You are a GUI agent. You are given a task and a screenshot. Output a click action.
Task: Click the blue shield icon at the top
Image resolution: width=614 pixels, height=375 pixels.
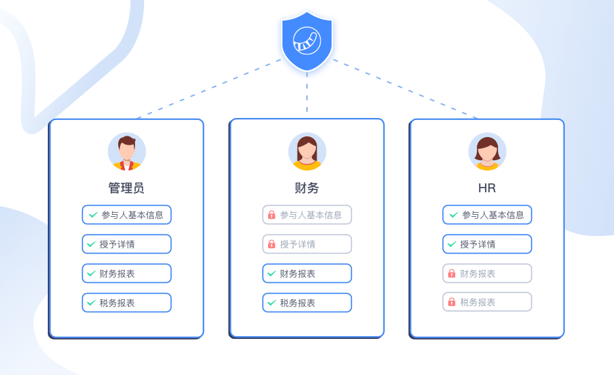tap(307, 41)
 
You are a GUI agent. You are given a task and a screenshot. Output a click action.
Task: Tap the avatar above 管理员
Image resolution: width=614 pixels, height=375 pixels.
tap(127, 151)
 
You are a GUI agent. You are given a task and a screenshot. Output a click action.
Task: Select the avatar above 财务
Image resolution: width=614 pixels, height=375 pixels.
tap(307, 151)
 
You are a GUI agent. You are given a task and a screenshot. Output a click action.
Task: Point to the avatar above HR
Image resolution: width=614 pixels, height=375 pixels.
tap(487, 151)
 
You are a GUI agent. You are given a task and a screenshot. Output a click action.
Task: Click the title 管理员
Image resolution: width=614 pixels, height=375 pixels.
tap(126, 188)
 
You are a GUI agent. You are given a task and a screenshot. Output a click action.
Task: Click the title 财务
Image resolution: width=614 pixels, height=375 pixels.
tap(307, 188)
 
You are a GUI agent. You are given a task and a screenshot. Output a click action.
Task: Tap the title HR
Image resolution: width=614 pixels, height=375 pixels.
tap(487, 188)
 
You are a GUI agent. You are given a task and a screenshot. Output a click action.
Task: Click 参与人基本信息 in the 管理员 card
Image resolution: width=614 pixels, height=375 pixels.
tap(127, 215)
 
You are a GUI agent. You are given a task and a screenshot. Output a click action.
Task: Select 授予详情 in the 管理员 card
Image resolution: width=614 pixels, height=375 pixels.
tap(127, 244)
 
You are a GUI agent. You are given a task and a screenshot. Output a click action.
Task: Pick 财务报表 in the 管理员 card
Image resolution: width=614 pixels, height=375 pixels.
tap(127, 273)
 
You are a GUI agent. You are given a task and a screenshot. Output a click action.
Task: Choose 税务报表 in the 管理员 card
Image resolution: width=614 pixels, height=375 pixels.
tap(127, 303)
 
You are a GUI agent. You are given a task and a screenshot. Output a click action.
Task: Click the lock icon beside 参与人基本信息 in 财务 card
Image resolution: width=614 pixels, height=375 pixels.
tap(272, 215)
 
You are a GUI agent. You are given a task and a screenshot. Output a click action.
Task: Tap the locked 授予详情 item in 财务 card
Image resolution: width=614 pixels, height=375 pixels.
tap(307, 244)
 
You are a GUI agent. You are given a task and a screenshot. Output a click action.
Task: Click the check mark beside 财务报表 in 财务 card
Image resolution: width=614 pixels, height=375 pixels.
tap(272, 273)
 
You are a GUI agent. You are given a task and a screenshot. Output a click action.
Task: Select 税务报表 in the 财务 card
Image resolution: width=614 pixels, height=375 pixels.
tap(307, 303)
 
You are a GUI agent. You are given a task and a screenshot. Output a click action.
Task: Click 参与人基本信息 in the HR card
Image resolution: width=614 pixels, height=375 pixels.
tap(487, 215)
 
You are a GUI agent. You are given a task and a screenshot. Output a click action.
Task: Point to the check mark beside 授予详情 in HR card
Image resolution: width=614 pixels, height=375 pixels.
tap(452, 244)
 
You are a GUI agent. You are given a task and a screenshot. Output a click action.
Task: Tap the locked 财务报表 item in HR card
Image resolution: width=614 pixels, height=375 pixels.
tap(487, 273)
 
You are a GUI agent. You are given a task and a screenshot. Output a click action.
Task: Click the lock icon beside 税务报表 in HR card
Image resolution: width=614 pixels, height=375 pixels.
tap(452, 302)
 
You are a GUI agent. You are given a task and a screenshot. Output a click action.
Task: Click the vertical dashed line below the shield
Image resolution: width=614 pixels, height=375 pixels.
tap(307, 93)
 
